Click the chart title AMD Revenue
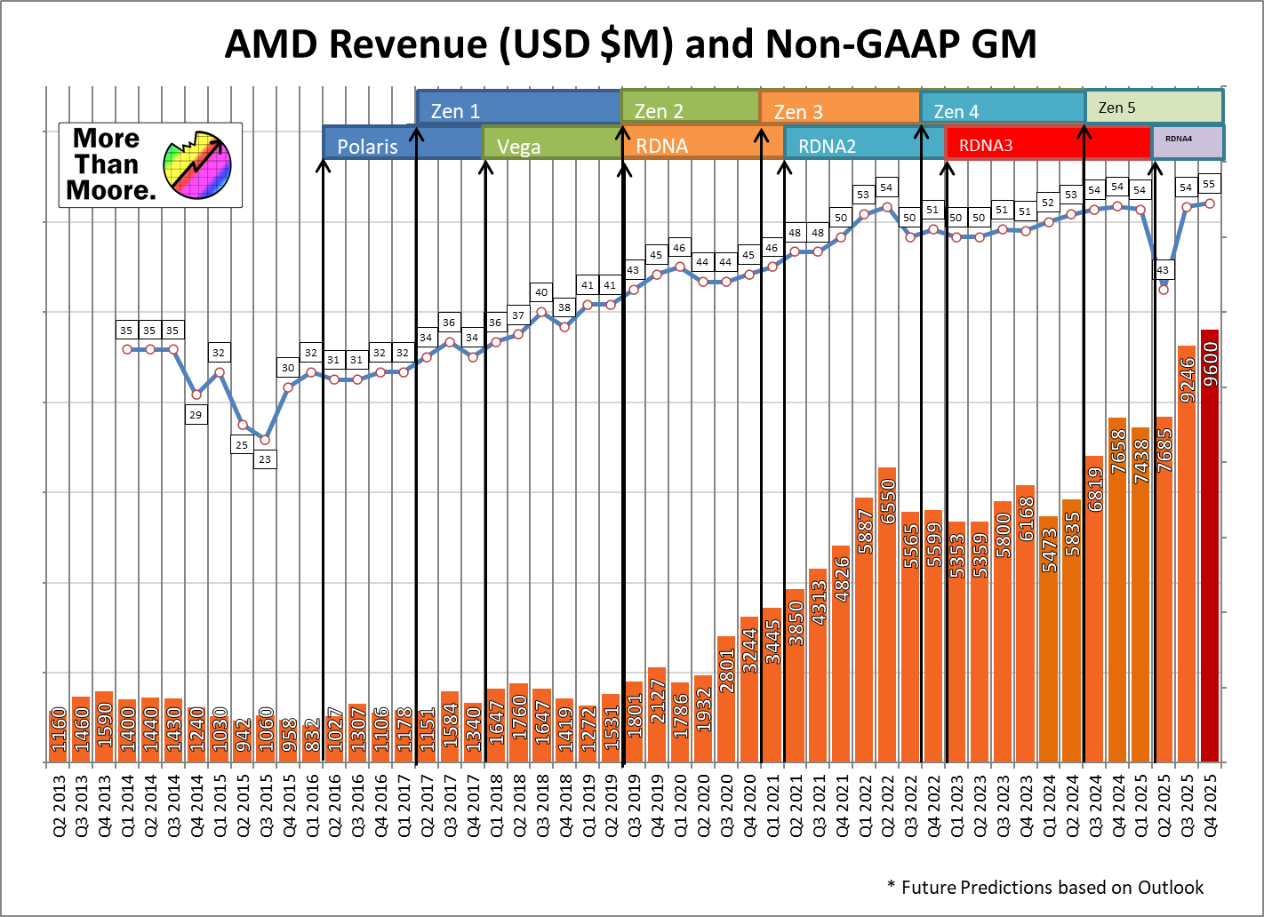(630, 44)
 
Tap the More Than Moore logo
(150, 165)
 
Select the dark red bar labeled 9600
(1210, 546)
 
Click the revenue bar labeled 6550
(887, 615)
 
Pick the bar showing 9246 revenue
(1187, 554)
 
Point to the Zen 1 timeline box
(519, 108)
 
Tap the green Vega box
(551, 144)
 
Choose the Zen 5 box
(1154, 107)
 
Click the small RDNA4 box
(1187, 142)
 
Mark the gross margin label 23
(265, 459)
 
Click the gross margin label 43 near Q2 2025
(1163, 269)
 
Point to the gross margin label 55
(1209, 184)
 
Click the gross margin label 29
(196, 414)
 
